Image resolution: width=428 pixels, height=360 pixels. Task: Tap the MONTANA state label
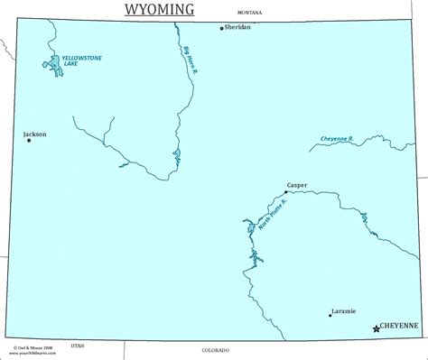[249, 14]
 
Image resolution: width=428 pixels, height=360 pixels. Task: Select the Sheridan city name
[237, 28]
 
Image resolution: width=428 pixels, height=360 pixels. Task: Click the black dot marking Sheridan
[222, 28]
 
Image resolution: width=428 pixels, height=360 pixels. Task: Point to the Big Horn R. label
[190, 60]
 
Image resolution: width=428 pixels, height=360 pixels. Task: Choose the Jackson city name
[34, 134]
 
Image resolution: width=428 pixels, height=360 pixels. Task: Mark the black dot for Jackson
[29, 140]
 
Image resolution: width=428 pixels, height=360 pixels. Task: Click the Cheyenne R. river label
[337, 140]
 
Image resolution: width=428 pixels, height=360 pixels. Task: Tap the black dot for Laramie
[330, 315]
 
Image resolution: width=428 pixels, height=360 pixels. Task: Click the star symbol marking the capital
[376, 329]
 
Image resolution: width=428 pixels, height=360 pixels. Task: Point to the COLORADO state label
[215, 349]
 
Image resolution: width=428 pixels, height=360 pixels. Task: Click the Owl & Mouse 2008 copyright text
[29, 345]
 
